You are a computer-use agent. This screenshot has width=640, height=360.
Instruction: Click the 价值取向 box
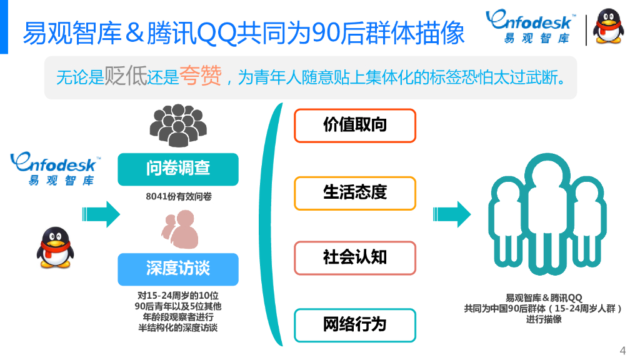[x=354, y=125]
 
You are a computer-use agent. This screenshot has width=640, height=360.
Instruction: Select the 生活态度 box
[x=354, y=193]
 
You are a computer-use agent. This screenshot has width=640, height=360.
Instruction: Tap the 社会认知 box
[x=354, y=257]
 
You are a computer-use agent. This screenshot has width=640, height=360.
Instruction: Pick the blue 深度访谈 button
[x=178, y=269]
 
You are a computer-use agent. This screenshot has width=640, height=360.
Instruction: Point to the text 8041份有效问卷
[x=178, y=196]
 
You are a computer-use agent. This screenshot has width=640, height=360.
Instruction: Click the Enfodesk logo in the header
[x=531, y=28]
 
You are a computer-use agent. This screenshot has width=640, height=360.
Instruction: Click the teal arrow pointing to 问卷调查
[x=101, y=214]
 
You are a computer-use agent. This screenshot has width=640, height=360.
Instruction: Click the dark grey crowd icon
[x=177, y=125]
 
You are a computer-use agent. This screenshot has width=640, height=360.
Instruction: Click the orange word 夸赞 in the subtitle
[x=200, y=77]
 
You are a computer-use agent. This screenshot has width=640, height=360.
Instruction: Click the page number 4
[x=622, y=349]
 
